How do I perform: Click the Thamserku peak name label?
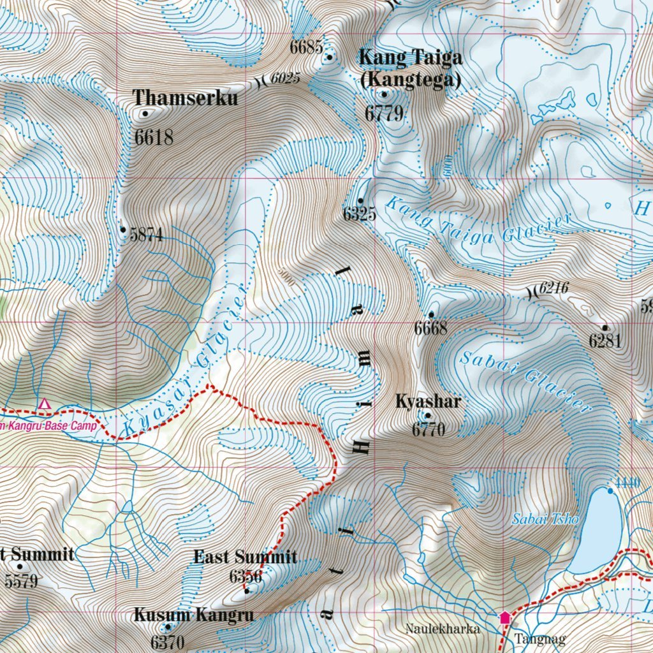click(x=185, y=98)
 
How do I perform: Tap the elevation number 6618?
click(x=154, y=136)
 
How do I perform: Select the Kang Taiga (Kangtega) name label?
click(x=410, y=69)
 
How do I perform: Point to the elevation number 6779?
click(x=385, y=114)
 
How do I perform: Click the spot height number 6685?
click(x=306, y=47)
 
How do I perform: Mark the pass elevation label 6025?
click(x=284, y=78)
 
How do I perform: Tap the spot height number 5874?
click(x=146, y=235)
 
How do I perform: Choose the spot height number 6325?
click(x=360, y=214)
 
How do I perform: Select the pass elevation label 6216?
click(x=553, y=289)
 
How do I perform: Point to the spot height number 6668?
click(x=430, y=329)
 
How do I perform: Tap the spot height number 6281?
click(x=605, y=342)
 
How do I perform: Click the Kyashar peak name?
click(x=428, y=402)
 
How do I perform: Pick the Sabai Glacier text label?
click(x=524, y=380)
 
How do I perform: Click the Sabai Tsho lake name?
click(x=545, y=519)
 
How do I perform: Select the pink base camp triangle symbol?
click(x=44, y=404)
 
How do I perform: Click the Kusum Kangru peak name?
click(x=193, y=615)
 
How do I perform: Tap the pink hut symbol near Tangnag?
click(x=505, y=617)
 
